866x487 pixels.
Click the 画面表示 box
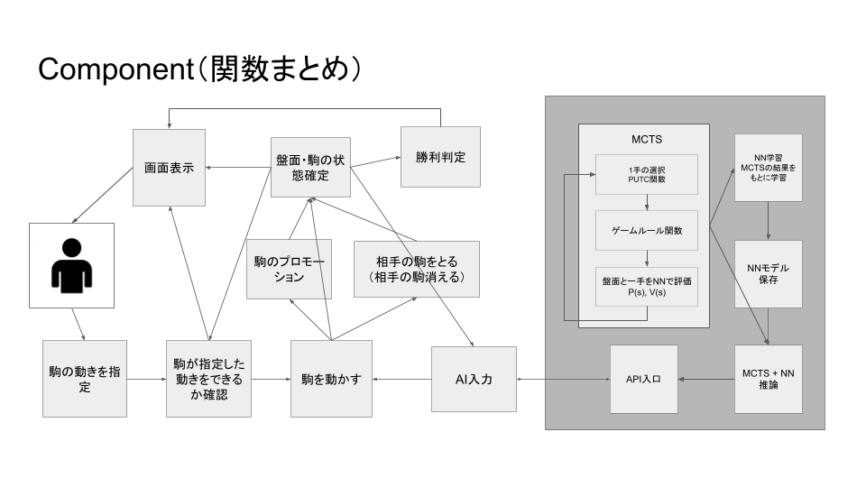[170, 167]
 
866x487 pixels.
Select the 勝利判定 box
[440, 157]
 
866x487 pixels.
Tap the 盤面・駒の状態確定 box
[310, 167]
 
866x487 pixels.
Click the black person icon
[71, 267]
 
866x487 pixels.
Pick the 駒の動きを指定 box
[85, 379]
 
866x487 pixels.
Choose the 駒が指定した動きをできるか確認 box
[208, 379]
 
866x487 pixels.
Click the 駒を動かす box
[331, 379]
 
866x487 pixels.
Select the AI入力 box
[474, 379]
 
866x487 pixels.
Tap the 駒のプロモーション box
[289, 269]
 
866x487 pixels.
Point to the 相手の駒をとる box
[416, 269]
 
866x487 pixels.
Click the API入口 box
[643, 379]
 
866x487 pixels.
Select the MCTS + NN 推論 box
[768, 379]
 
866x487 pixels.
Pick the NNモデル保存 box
[768, 274]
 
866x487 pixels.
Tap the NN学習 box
[768, 168]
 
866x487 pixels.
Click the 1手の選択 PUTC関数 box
[647, 174]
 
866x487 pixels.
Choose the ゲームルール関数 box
[647, 230]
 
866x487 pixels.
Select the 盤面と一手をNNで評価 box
[647, 286]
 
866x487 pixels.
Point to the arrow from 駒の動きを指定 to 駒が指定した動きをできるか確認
[146, 379]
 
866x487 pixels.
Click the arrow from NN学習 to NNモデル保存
[768, 220]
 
